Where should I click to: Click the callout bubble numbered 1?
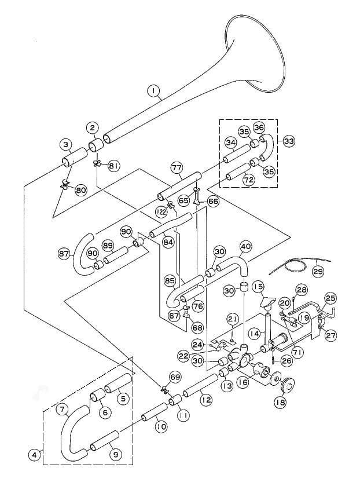coord(153,91)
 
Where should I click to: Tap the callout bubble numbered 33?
coord(288,141)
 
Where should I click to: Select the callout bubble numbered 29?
coord(318,271)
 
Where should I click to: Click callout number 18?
coord(280,402)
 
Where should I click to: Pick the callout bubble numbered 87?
coord(64,253)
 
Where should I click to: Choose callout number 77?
coord(177,168)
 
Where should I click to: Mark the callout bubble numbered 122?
coord(161,213)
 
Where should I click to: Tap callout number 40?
coord(245,246)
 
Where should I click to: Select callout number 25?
coord(330,298)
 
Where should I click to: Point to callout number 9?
coord(115,454)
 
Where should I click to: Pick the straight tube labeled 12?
coord(200,385)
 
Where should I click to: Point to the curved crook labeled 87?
coord(80,255)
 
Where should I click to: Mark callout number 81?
coord(114,166)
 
